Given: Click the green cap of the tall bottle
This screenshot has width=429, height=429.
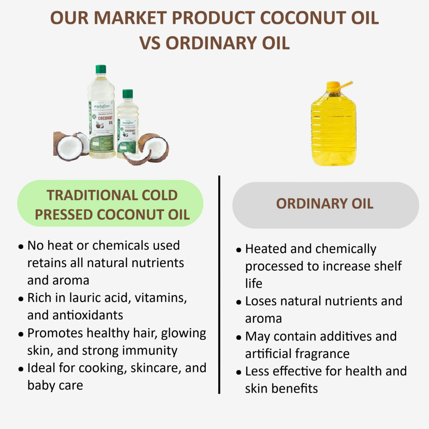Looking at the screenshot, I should point(101,69).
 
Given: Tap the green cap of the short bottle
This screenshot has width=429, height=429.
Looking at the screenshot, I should point(128,94).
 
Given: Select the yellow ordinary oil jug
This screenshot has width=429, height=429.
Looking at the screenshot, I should point(333,127).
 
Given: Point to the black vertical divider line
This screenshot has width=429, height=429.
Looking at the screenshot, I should point(219,285).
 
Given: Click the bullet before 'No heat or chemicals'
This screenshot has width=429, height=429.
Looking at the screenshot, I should point(21,247).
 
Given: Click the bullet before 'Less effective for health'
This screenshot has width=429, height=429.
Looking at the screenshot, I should point(239,372).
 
